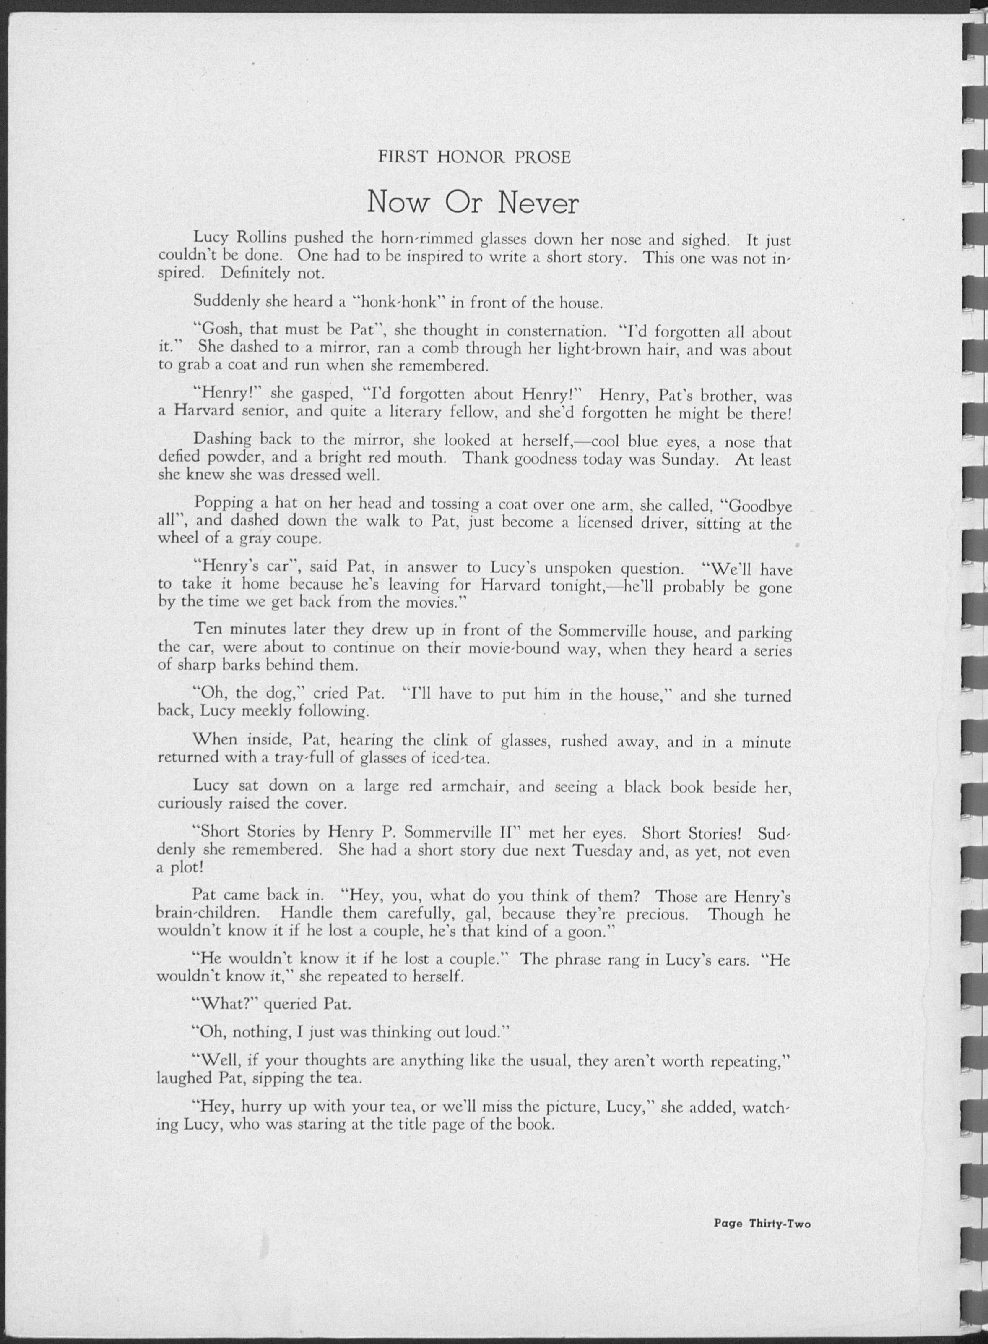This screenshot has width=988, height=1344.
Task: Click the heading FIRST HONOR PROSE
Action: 474,157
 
